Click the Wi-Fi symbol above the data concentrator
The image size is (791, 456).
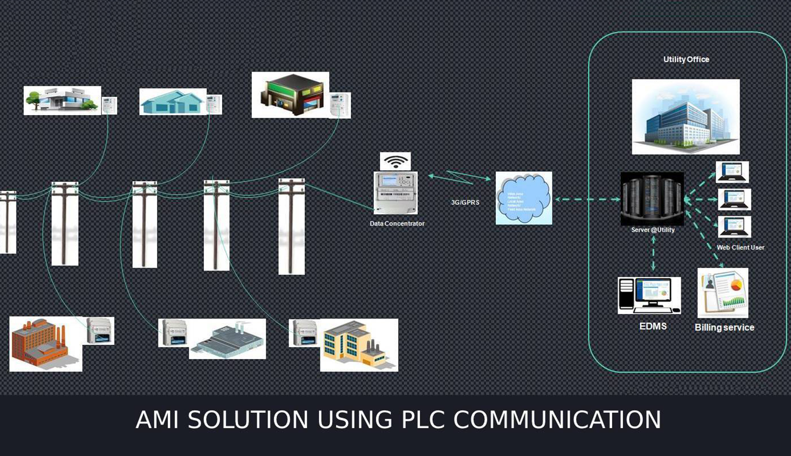(395, 161)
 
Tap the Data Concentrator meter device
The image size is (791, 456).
(395, 192)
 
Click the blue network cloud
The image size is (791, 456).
(523, 198)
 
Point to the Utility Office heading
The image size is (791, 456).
(686, 59)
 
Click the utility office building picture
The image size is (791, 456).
(685, 117)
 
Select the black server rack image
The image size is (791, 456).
(652, 199)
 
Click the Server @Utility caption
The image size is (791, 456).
(653, 230)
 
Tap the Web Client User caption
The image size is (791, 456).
(740, 248)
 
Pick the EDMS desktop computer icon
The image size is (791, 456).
(649, 295)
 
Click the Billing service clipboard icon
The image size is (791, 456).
(723, 292)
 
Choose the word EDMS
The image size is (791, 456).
(653, 326)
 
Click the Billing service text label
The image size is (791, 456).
(724, 328)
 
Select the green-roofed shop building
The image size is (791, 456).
(290, 95)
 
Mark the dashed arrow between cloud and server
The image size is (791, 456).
(587, 199)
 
